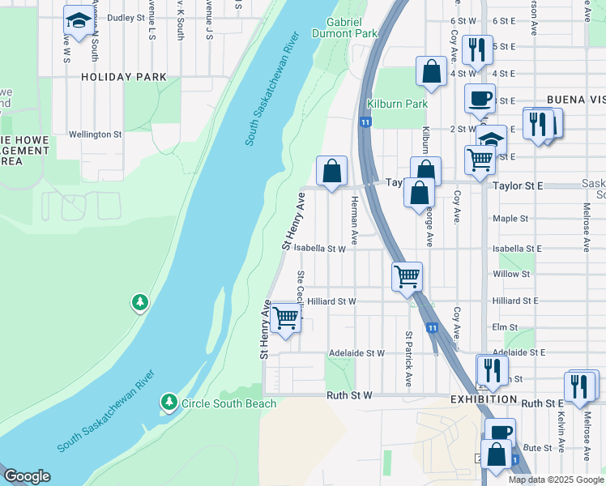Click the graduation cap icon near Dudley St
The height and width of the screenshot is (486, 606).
pos(79,22)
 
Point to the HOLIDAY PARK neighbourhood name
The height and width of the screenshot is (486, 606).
pos(123,77)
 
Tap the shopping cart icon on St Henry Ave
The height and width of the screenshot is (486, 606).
pos(285,317)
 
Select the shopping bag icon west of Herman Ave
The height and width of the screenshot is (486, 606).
pos(331,172)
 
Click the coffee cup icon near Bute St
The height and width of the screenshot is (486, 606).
pos(500,431)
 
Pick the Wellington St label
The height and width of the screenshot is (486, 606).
pos(95,134)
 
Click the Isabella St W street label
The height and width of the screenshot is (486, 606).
pos(319,249)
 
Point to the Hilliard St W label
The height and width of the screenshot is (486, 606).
pos(331,301)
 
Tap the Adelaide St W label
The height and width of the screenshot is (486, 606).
pos(356,353)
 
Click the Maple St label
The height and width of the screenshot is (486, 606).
pos(510,219)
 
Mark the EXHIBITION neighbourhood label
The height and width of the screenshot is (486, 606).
pos(484,400)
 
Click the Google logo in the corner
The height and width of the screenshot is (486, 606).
pos(27,476)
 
